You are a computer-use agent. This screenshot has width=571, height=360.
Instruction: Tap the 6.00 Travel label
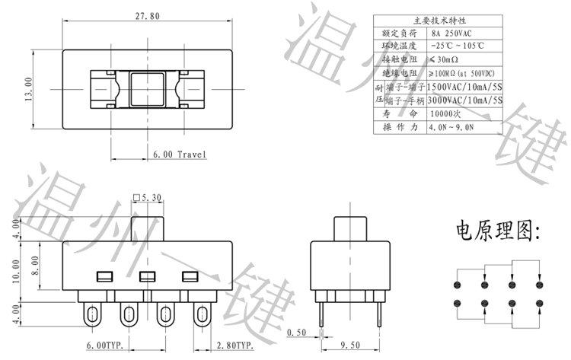point(180,155)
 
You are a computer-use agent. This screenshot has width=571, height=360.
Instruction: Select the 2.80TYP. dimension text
point(233,346)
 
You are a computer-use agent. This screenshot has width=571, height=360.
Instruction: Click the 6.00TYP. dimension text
point(107,346)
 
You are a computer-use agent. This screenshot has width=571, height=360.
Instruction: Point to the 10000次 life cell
point(446,113)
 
